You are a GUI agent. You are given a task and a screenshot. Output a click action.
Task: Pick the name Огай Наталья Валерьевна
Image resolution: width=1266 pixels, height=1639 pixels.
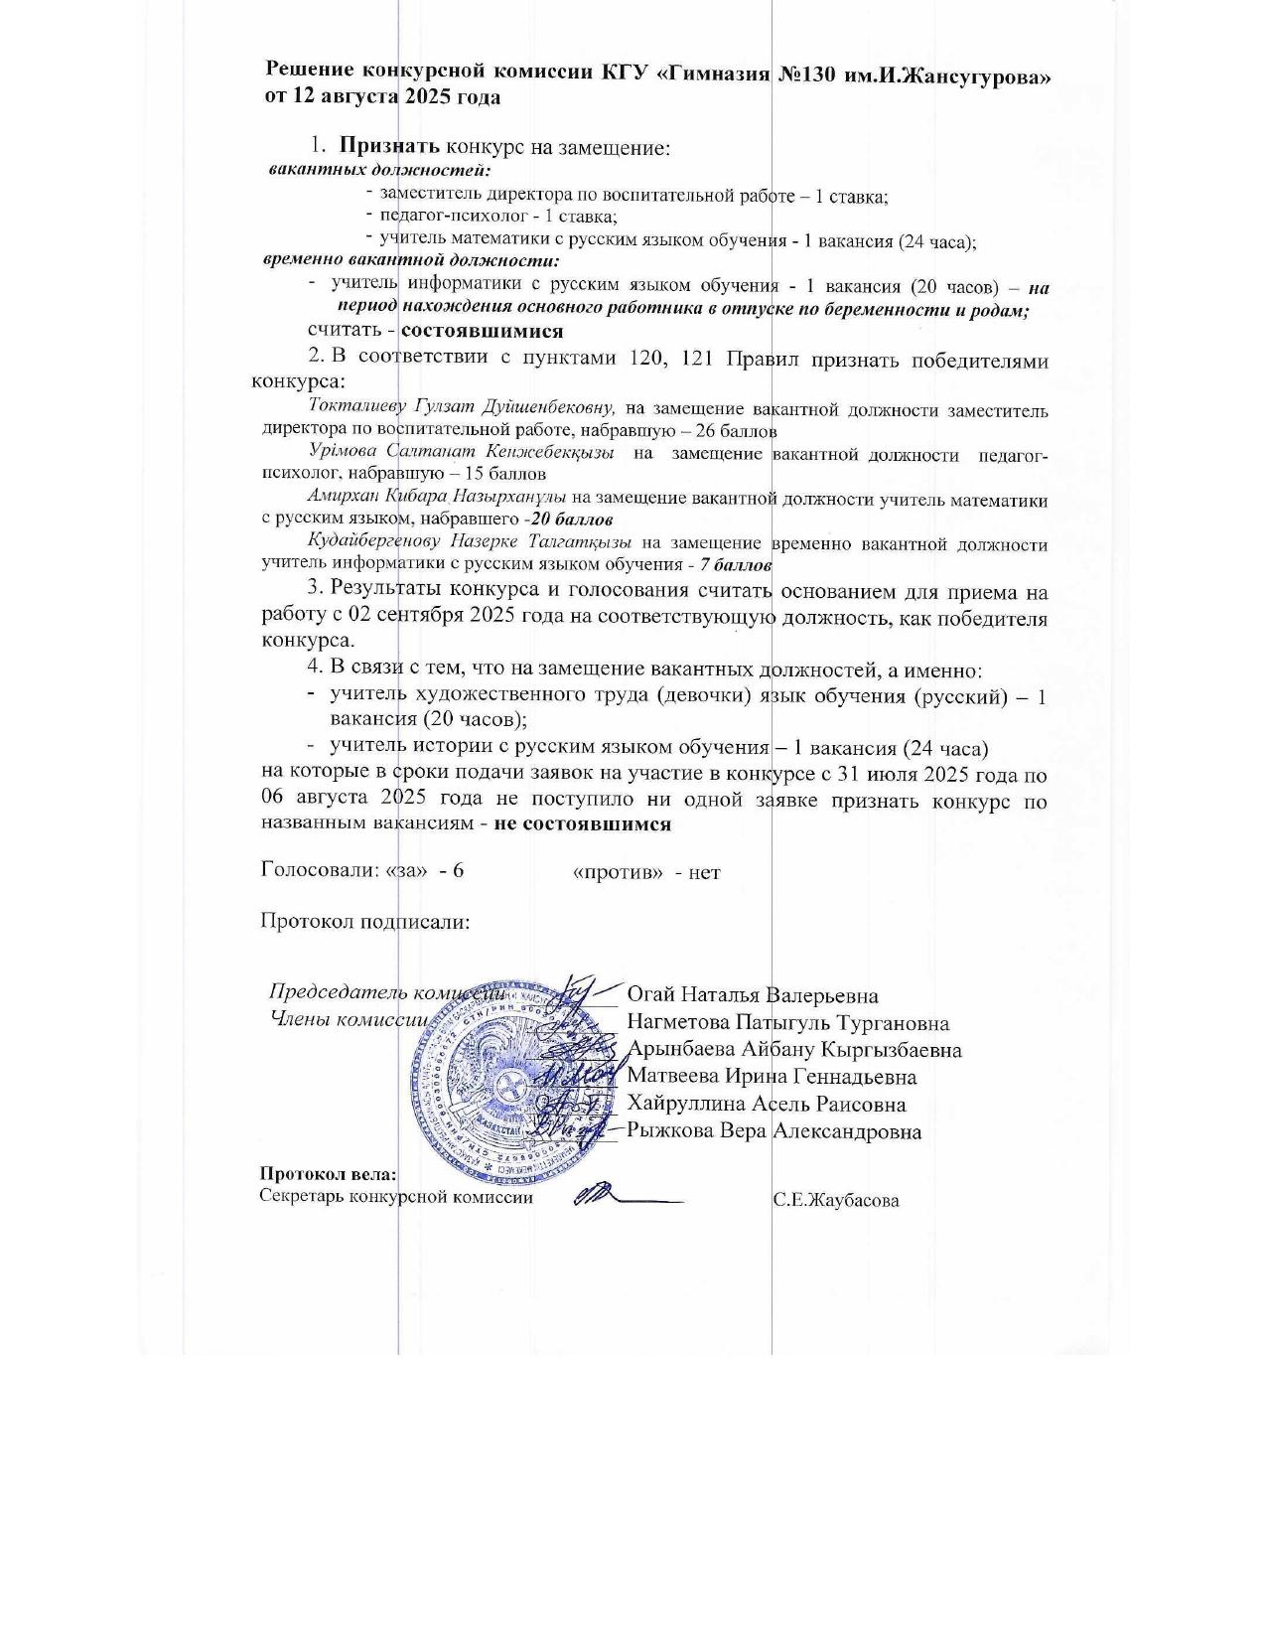[752, 994]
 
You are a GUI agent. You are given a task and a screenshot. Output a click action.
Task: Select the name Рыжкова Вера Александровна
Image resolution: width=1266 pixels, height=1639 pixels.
[774, 1131]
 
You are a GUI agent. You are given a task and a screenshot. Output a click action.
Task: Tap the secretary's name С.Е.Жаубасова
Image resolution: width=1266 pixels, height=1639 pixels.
[836, 1200]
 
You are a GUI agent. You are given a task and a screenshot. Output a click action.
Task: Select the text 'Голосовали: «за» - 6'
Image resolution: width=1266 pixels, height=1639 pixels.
[362, 870]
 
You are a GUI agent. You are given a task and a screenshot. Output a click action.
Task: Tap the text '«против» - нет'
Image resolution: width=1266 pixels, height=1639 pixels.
[646, 872]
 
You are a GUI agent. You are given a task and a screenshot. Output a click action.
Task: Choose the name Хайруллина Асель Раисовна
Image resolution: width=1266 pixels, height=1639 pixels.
[766, 1104]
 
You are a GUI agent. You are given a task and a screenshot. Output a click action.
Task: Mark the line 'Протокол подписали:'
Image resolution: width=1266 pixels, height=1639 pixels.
[364, 921]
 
